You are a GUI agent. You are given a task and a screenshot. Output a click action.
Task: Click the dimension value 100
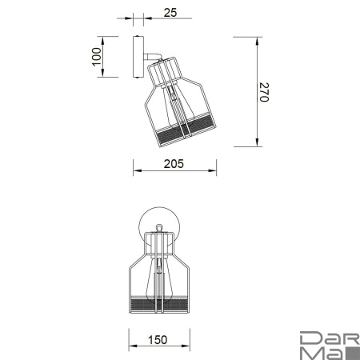point(97,57)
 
